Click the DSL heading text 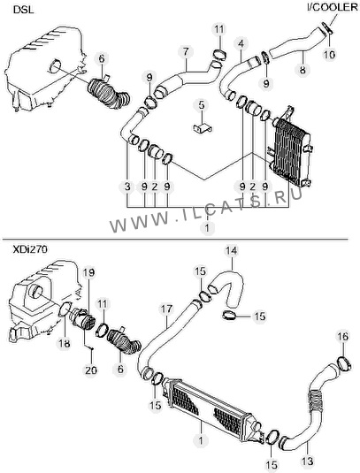[23, 10]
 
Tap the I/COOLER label [333, 7]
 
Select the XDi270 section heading [30, 250]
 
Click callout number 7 [185, 52]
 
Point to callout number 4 [241, 44]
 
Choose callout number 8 [303, 70]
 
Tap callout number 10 [329, 55]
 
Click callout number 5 [202, 105]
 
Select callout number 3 [127, 187]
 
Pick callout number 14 [231, 251]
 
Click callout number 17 [166, 309]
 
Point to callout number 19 [89, 272]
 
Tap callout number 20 [91, 370]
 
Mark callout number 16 [343, 336]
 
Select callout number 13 [308, 461]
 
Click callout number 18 [65, 344]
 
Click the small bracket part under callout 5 [203, 128]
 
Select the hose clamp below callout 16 [345, 363]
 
